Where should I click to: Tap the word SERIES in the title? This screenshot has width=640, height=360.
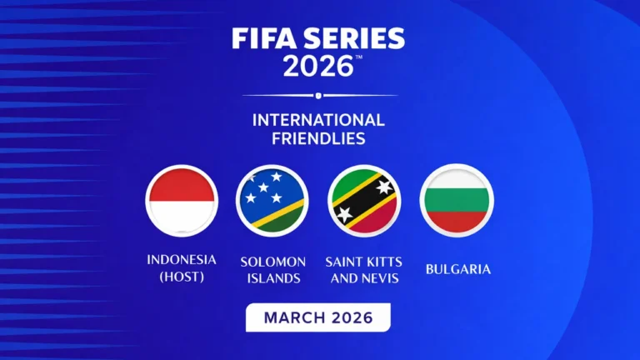click(x=354, y=39)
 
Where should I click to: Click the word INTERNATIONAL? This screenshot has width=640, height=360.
click(x=318, y=120)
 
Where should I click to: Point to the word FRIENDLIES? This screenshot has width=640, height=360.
click(x=318, y=138)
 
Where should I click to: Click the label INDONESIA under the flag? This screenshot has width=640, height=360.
click(x=182, y=260)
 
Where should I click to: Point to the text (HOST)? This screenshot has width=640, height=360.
click(x=182, y=277)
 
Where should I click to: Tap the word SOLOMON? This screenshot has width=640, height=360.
click(x=272, y=262)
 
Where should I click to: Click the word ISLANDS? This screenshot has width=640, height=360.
click(x=272, y=278)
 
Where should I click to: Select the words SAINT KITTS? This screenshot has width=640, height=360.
click(x=364, y=262)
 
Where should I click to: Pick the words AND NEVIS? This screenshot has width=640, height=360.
click(x=364, y=278)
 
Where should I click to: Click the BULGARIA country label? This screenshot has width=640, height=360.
click(x=457, y=269)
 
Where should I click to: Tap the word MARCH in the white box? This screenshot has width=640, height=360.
click(x=292, y=318)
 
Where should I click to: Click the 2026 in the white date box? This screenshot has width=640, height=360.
click(x=351, y=318)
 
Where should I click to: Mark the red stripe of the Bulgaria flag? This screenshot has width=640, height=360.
click(x=457, y=221)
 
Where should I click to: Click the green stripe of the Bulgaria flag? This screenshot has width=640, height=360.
click(x=457, y=201)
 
